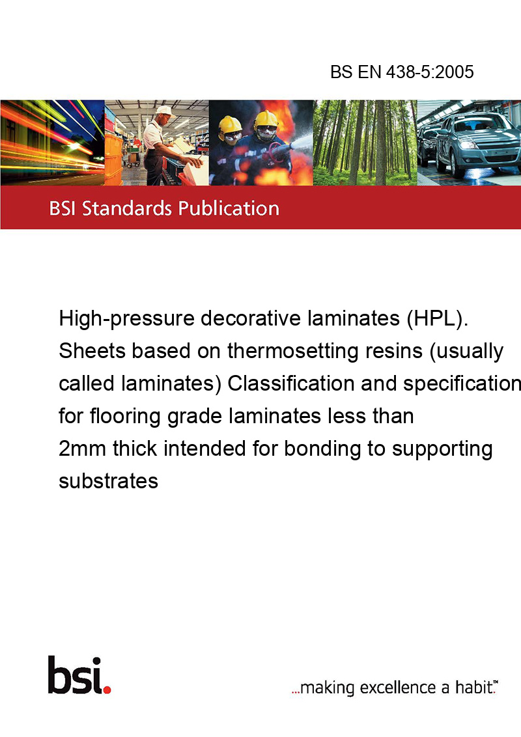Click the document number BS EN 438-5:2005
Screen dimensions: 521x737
pos(402,72)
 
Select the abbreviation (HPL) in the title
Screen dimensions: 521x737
pos(437,318)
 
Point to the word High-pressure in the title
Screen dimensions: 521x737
pos(126,319)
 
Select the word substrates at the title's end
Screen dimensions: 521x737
pos(109,481)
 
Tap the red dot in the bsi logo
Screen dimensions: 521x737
pos(107,689)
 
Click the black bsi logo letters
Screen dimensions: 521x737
pos(76,675)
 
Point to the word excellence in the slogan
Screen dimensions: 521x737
pos(398,688)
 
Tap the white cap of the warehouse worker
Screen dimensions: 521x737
pos(165,111)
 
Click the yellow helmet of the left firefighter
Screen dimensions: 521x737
pos(230,124)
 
